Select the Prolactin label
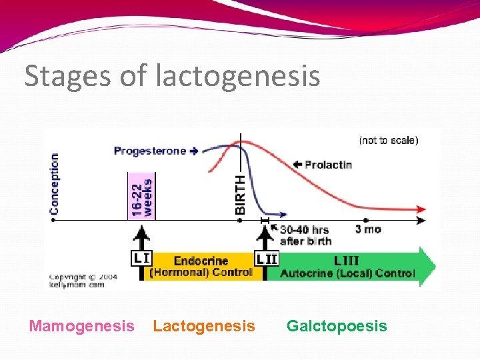pyautogui.click(x=327, y=165)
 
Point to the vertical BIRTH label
pyautogui.click(x=241, y=193)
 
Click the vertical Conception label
pyautogui.click(x=54, y=183)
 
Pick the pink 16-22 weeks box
pyautogui.click(x=141, y=195)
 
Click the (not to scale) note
pyautogui.click(x=389, y=140)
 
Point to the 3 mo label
pyautogui.click(x=367, y=229)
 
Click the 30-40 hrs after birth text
pyautogui.click(x=305, y=235)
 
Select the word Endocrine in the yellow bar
pyautogui.click(x=200, y=261)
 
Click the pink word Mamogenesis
pyautogui.click(x=81, y=326)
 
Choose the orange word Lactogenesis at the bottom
pyautogui.click(x=204, y=326)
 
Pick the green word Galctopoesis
pyautogui.click(x=337, y=326)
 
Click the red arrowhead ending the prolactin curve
pyautogui.click(x=421, y=208)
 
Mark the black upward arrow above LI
pyautogui.click(x=141, y=237)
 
